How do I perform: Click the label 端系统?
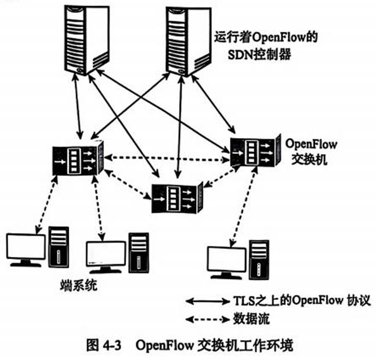79,286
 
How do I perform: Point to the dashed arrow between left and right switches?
167,158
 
